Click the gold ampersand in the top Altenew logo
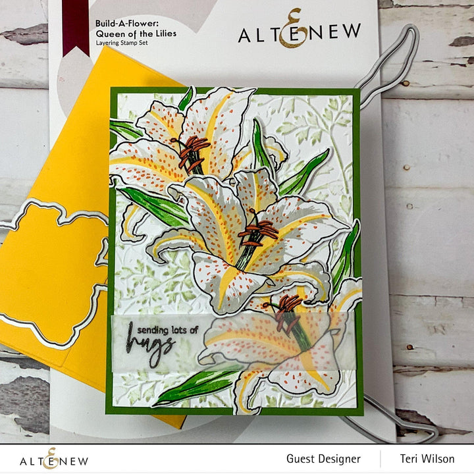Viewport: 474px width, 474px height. [290, 29]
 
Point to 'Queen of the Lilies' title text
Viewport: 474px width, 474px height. [136, 33]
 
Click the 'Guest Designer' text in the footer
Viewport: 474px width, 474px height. [323, 458]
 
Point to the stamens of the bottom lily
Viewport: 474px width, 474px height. [286, 311]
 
